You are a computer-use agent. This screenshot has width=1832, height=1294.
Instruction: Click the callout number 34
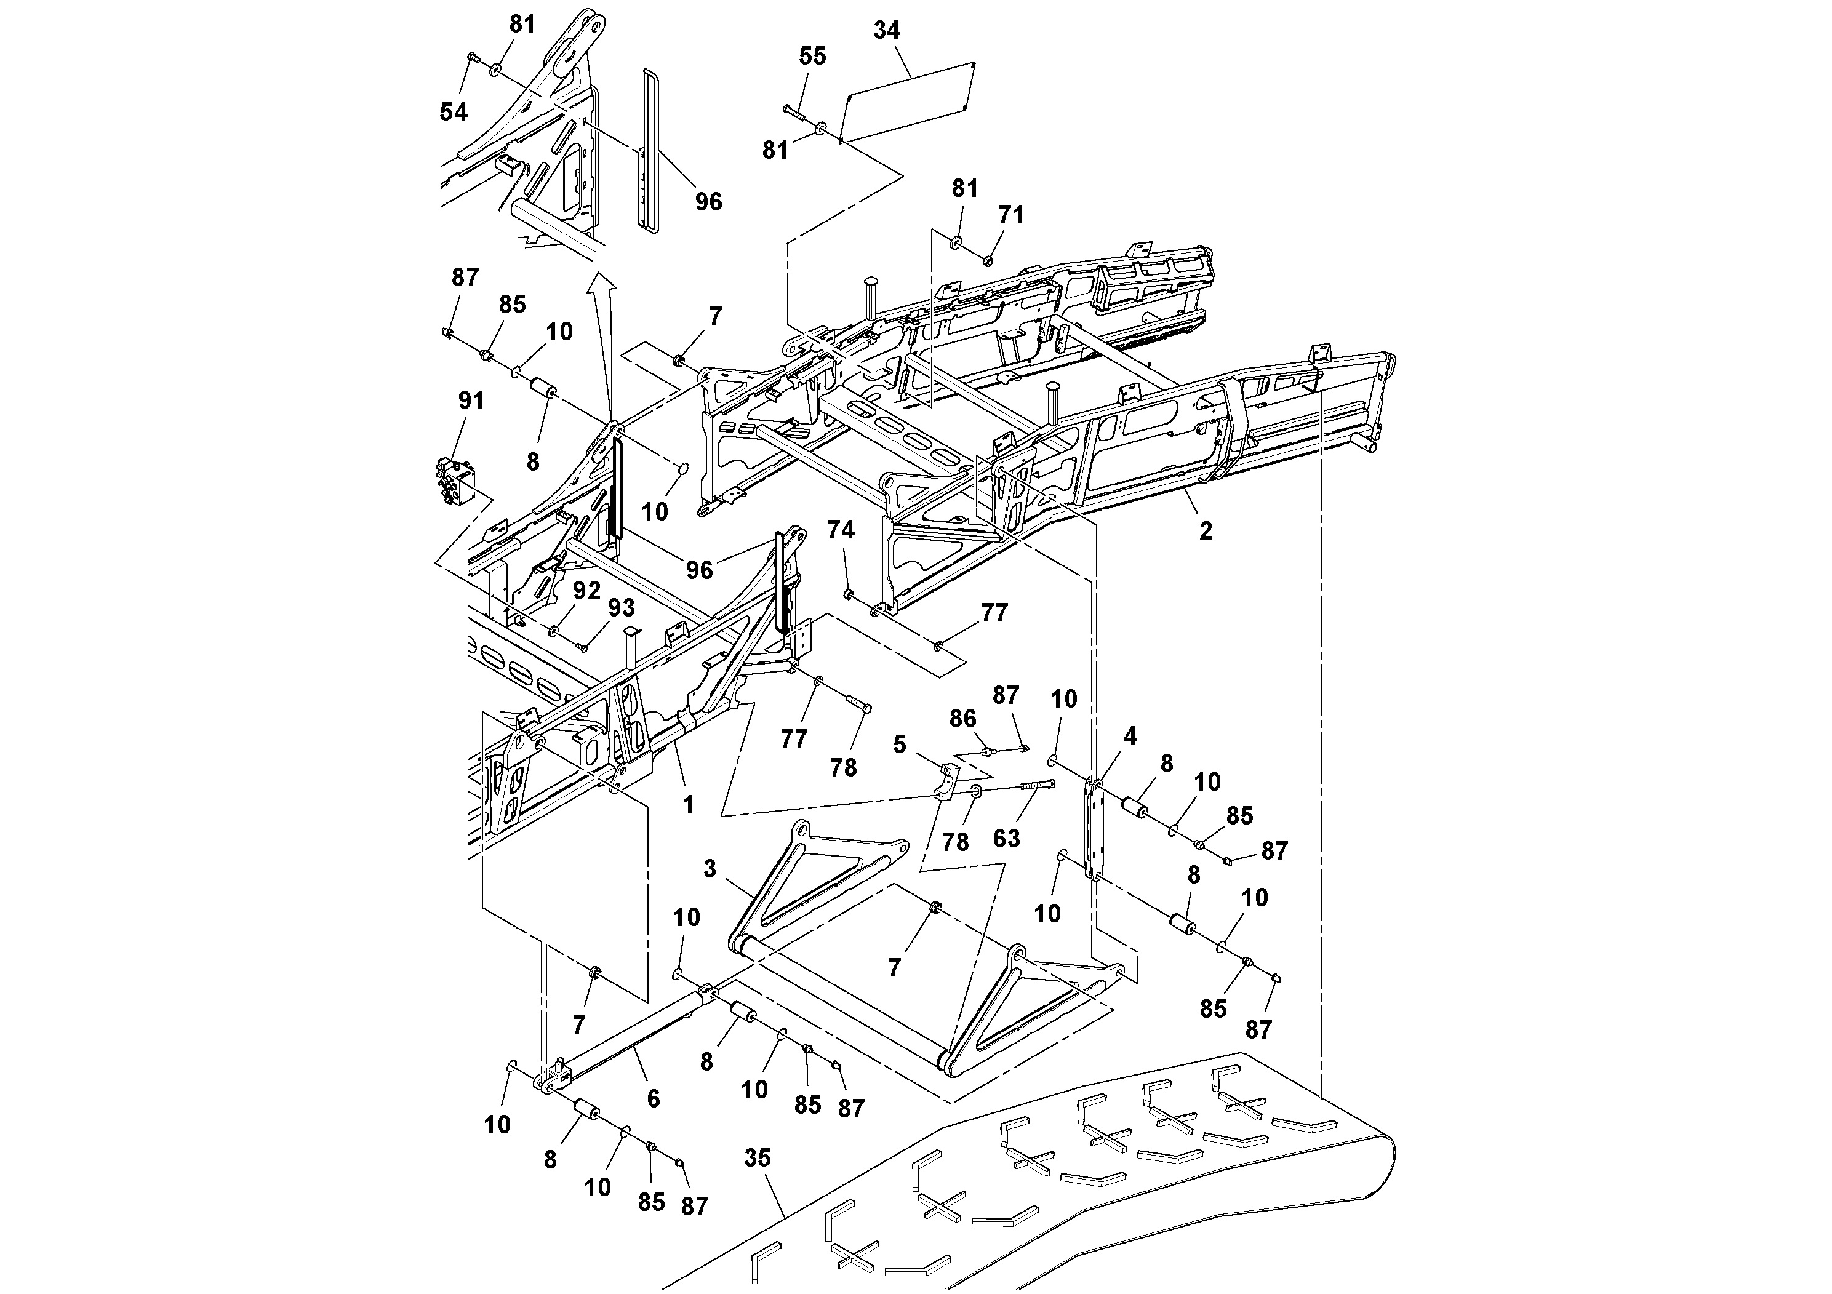(887, 30)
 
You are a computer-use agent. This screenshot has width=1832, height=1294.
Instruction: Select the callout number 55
(812, 56)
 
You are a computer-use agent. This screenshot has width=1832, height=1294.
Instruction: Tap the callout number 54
(453, 112)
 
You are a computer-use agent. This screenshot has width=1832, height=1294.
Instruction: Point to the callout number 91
(471, 401)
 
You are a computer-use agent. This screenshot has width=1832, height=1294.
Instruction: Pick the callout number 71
(1011, 215)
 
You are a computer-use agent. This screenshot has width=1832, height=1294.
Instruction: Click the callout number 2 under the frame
(1205, 530)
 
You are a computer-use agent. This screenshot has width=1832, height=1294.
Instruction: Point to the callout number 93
(622, 608)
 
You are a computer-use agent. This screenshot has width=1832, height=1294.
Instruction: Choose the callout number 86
(962, 719)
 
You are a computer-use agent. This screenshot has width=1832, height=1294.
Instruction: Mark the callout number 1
(688, 806)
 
